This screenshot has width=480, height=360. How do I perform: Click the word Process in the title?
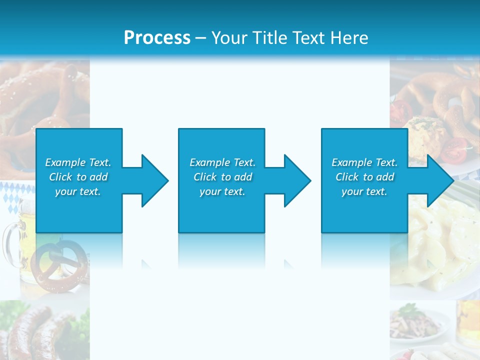pos(157,38)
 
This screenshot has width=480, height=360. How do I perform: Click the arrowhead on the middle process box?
pos(296,180)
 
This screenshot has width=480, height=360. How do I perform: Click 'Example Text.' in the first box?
pos(78,162)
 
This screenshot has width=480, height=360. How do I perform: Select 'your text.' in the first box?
pos(78,191)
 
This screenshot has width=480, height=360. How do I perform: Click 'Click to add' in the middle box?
pos(222,177)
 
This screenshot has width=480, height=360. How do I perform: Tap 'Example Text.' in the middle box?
pos(222,162)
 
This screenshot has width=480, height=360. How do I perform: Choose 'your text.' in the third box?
pos(364,191)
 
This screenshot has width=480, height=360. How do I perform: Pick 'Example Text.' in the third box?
pos(364,162)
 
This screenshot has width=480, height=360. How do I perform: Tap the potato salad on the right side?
pos(440,235)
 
